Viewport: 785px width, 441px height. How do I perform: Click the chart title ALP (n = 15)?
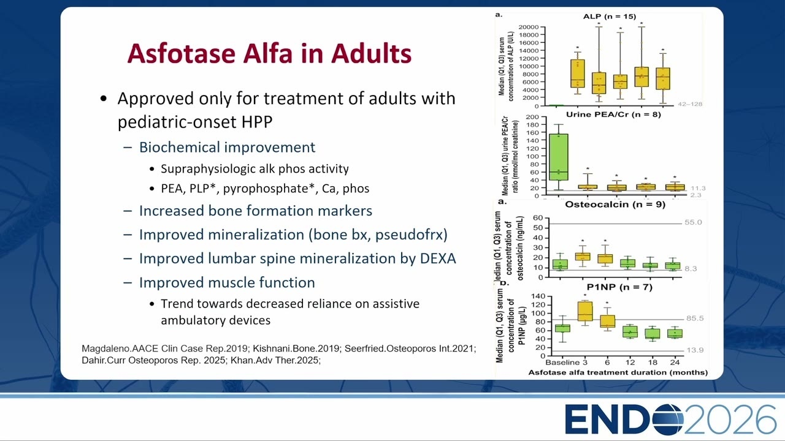(610, 17)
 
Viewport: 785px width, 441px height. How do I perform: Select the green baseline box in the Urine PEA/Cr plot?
(559, 157)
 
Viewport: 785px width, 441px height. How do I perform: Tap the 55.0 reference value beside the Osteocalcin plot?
(693, 222)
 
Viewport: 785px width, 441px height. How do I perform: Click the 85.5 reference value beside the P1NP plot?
(695, 318)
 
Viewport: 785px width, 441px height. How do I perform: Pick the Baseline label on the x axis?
(562, 362)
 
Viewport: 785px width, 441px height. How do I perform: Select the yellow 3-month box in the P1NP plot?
(585, 311)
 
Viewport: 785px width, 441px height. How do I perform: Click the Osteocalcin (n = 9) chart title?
(615, 205)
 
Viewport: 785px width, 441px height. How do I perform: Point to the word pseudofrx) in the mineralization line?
(412, 235)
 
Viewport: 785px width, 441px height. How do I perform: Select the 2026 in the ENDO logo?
(730, 420)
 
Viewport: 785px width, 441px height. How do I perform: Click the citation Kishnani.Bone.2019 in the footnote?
(296, 349)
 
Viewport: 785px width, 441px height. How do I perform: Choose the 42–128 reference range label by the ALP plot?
(690, 104)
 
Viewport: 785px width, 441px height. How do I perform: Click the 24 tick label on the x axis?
(675, 362)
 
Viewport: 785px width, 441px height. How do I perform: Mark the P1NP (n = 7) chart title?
(619, 287)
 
